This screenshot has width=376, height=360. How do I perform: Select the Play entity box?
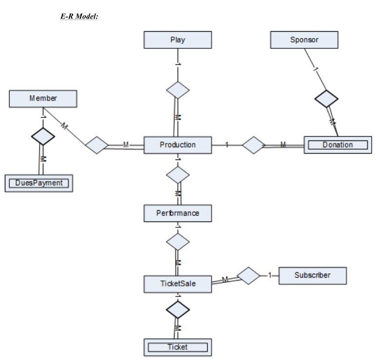[x=178, y=40]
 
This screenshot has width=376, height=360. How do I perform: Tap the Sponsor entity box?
[x=304, y=40]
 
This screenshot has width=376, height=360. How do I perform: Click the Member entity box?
[x=43, y=99]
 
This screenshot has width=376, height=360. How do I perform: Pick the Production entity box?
[x=178, y=145]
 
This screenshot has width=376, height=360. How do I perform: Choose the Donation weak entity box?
[x=337, y=145]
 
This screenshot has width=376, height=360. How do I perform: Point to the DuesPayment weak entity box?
[x=39, y=183]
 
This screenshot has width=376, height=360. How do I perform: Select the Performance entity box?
[x=178, y=213]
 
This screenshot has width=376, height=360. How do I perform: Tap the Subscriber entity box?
[x=312, y=275]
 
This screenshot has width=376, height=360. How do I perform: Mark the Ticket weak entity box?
[x=178, y=347]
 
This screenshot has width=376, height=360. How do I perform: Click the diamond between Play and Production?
[x=178, y=91]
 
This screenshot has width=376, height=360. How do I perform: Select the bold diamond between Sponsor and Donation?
[x=326, y=99]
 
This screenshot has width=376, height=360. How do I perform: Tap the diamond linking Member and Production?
[x=97, y=145]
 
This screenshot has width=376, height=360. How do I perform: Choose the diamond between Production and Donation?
[x=254, y=145]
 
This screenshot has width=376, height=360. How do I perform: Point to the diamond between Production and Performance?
[x=178, y=174]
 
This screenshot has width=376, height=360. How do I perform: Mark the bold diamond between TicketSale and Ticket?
[x=178, y=309]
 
